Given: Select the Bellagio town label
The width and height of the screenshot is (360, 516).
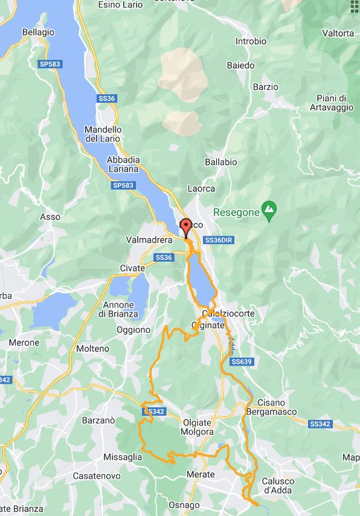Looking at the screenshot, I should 38,32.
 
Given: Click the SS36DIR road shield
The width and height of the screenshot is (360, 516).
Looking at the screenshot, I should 219,240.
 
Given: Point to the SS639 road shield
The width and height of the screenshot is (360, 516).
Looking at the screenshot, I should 241,361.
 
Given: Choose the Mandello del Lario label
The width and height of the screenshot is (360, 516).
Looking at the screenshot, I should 103,134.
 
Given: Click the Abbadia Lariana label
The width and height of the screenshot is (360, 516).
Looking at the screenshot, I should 123,164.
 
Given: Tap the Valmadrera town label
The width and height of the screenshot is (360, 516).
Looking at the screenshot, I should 149,240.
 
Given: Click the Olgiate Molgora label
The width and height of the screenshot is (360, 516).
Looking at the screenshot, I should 198,427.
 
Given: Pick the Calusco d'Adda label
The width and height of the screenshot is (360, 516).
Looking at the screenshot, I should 278,486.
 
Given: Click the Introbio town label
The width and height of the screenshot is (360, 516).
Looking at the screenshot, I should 251,42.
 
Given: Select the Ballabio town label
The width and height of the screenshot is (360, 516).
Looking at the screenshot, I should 220,162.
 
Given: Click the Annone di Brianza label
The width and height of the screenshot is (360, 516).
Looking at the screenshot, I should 121,309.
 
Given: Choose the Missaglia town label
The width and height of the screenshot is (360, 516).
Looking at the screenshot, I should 123,457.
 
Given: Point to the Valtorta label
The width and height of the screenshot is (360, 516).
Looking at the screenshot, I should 338,33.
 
